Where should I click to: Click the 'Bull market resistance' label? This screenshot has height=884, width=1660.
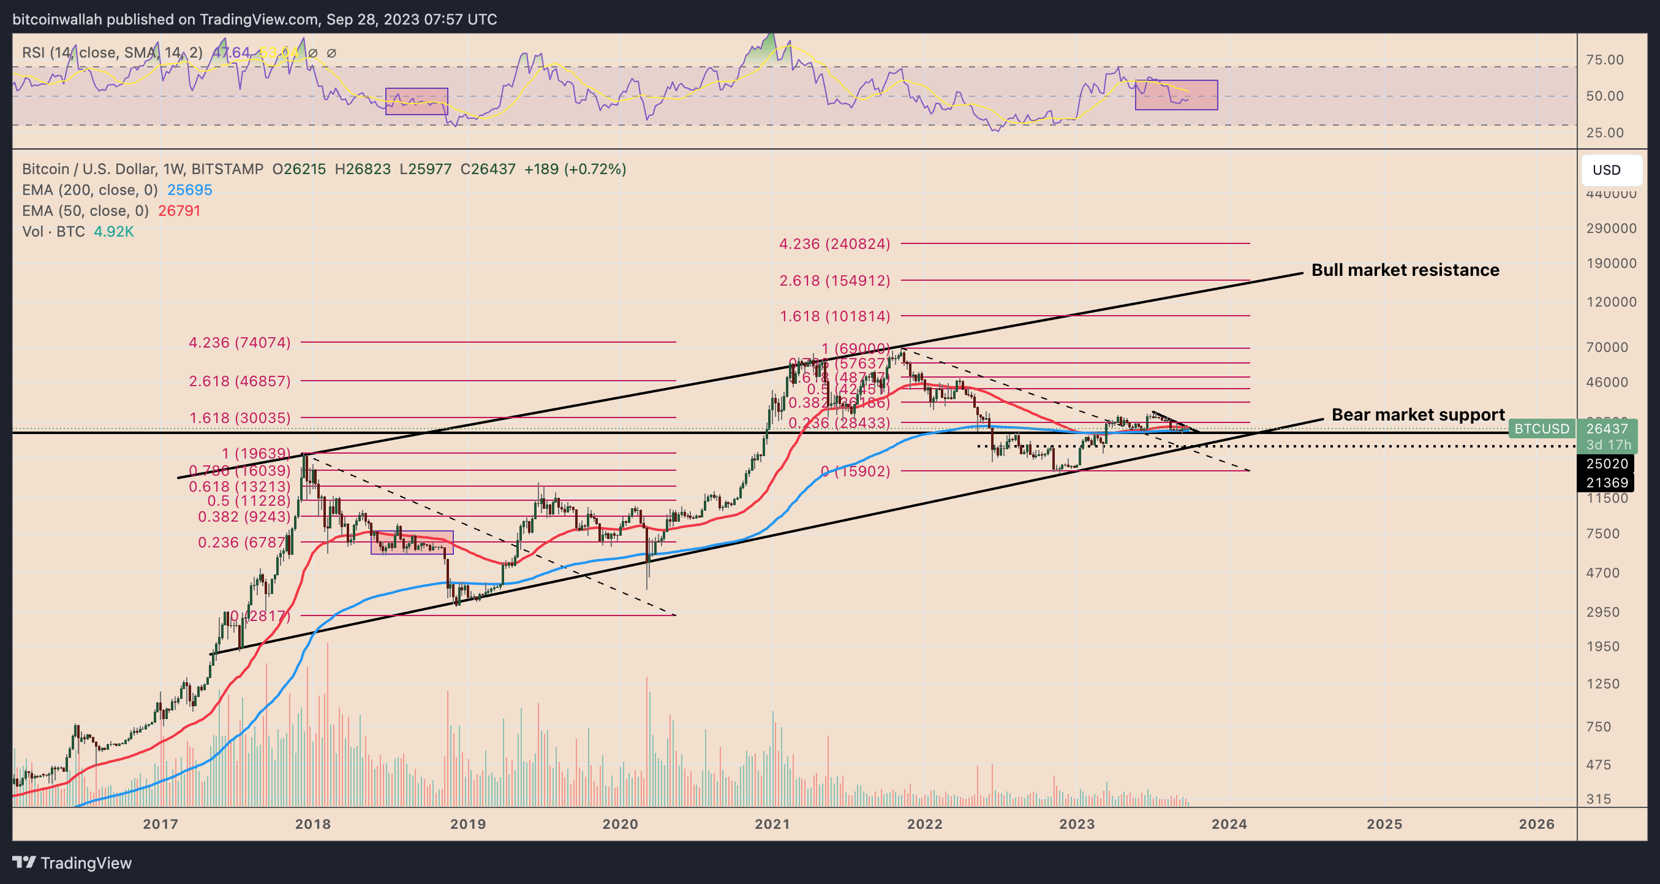click(1405, 270)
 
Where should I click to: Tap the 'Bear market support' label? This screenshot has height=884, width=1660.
click(1417, 414)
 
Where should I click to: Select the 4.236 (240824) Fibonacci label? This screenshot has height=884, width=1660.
click(834, 244)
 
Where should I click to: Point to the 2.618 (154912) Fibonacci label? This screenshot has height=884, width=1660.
click(834, 281)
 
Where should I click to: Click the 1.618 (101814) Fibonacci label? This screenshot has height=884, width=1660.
click(834, 316)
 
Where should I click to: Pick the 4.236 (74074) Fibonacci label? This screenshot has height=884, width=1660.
click(240, 342)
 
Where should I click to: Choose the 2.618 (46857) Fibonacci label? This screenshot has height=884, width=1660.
click(240, 381)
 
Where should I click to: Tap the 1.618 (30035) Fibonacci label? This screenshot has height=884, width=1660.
click(240, 418)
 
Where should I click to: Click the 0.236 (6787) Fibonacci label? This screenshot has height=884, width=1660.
click(243, 543)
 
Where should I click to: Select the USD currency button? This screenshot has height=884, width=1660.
click(1607, 170)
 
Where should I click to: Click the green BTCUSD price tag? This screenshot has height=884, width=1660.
click(1541, 429)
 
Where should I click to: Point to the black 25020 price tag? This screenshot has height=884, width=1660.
click(1607, 463)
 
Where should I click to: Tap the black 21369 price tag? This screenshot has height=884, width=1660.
click(1607, 482)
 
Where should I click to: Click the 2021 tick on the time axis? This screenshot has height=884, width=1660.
click(772, 824)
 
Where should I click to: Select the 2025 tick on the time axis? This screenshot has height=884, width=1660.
click(1384, 824)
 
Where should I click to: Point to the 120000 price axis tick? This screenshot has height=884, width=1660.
click(1611, 302)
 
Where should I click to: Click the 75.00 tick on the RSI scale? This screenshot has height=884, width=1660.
click(1605, 60)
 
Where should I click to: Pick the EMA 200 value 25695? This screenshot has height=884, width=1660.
click(189, 189)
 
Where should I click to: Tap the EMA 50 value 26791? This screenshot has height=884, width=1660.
click(179, 211)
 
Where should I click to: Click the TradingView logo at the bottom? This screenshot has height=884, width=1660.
click(72, 863)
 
